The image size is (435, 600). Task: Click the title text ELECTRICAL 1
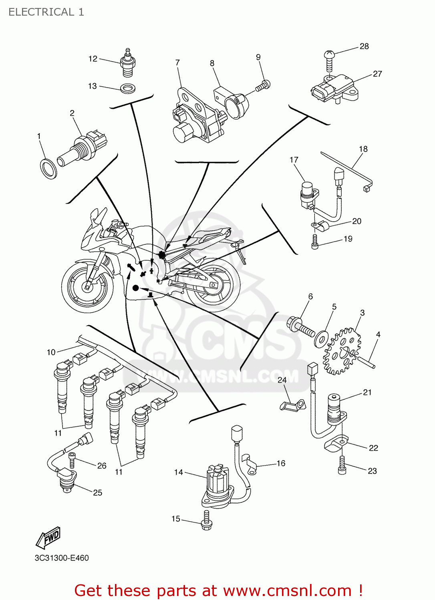coord(46,12)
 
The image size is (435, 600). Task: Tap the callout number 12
coord(93,59)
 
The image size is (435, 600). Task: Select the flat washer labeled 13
coord(127,88)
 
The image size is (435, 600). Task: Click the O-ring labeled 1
coord(48,168)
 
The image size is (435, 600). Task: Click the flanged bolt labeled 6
coord(300,328)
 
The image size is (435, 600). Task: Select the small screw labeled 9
coord(263,86)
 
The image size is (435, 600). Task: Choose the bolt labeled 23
coord(342,465)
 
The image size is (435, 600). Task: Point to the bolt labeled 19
coord(315,242)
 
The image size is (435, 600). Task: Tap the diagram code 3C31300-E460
coord(62,558)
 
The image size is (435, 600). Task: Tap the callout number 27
coord(377,74)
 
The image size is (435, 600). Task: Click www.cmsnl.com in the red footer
coord(287,590)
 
